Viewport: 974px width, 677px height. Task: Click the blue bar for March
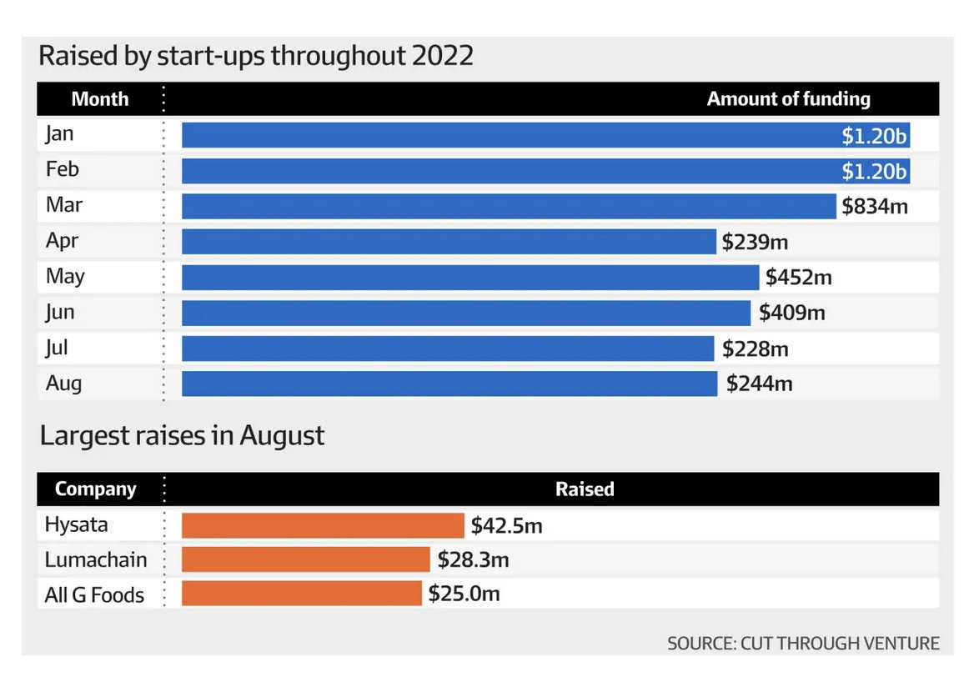pos(509,206)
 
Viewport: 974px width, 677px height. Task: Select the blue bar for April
pos(449,242)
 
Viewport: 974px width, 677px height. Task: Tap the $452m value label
pos(799,277)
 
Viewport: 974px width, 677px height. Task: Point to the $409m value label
pos(791,313)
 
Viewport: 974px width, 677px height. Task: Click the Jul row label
pos(57,348)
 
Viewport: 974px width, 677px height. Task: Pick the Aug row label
pos(63,384)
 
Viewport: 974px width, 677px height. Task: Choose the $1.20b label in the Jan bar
pos(873,135)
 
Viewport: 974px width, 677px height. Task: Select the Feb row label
pos(63,169)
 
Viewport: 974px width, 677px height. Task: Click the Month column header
pos(100,99)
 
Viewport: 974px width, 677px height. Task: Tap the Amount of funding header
pos(788,99)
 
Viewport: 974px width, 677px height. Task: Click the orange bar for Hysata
pos(323,525)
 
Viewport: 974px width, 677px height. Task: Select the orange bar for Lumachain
pos(305,559)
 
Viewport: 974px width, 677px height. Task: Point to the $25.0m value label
pos(464,594)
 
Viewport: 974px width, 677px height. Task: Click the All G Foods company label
pos(94,594)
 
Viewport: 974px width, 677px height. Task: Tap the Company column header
pos(95,489)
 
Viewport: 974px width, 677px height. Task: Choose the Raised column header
pos(585,489)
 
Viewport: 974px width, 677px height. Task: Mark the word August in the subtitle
pos(282,435)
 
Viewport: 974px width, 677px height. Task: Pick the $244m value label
pos(759,384)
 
